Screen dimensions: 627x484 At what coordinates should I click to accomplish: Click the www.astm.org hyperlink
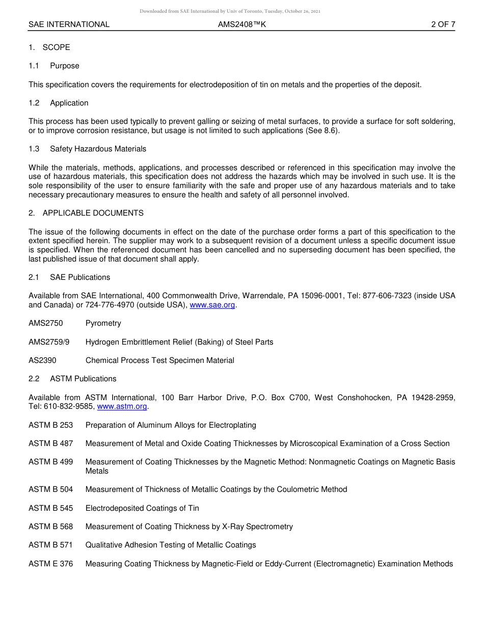tap(122, 406)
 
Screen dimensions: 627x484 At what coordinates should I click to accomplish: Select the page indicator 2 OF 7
tap(443, 24)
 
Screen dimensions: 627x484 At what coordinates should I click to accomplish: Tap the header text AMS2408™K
tap(242, 24)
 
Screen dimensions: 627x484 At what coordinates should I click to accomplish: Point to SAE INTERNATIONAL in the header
tap(69, 24)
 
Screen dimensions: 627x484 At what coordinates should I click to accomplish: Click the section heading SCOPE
tap(56, 47)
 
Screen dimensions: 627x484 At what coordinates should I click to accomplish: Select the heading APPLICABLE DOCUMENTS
tap(93, 213)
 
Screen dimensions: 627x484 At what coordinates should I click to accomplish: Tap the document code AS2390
tap(42, 360)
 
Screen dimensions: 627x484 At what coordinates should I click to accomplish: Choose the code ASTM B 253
tap(50, 425)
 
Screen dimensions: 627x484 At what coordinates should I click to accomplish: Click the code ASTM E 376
tap(50, 564)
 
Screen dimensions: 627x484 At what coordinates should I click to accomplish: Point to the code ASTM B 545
tap(50, 508)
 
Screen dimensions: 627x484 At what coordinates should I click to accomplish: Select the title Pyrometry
tap(103, 323)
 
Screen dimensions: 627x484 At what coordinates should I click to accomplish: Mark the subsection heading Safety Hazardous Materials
tap(98, 149)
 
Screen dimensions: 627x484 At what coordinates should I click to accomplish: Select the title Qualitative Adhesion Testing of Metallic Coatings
tap(171, 545)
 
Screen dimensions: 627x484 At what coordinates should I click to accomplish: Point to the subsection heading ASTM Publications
tap(83, 379)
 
